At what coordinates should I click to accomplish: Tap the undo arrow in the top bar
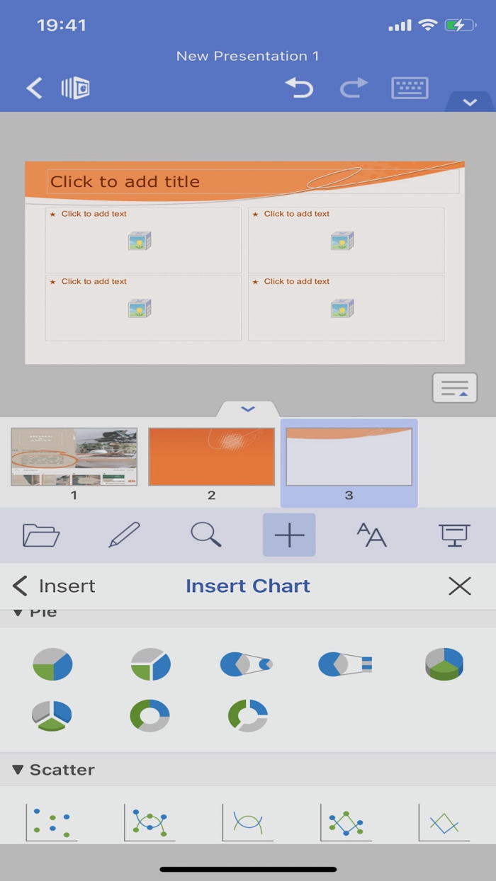(299, 88)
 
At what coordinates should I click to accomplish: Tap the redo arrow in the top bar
(354, 88)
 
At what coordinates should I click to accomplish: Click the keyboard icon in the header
(410, 88)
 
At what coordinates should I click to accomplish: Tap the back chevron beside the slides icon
(34, 88)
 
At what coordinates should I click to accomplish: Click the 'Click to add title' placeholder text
(125, 182)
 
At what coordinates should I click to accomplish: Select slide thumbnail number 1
(74, 457)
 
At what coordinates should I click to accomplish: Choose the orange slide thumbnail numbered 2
(211, 457)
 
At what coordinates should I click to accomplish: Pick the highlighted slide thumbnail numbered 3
(349, 457)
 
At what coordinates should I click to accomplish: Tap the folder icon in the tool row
(41, 535)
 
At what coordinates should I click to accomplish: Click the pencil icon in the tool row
(124, 535)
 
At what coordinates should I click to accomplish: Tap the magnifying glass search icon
(206, 535)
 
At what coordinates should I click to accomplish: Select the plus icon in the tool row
(289, 535)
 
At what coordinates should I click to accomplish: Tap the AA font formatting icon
(371, 535)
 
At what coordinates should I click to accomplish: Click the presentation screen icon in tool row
(454, 535)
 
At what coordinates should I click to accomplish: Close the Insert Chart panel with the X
(460, 586)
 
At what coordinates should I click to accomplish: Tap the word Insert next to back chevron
(67, 586)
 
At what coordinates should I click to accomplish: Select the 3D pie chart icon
(444, 664)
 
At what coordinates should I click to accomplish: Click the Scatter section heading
(62, 770)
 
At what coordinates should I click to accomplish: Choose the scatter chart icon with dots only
(52, 822)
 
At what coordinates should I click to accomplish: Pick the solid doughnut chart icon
(150, 715)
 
